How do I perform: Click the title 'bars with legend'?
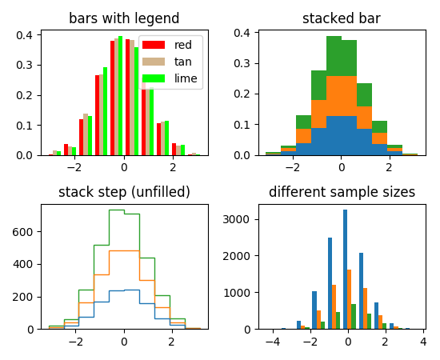point(124,18)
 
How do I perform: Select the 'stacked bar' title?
point(341,18)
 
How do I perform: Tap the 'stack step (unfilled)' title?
point(124,192)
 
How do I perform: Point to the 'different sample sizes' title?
point(341,192)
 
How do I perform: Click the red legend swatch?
point(154,46)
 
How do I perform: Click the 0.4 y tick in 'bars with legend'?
point(25,35)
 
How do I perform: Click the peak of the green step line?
point(116,210)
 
